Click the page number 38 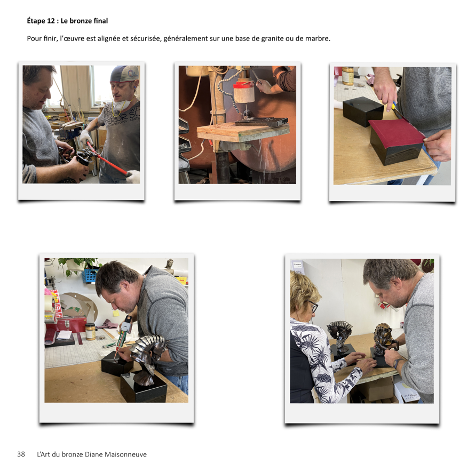(x=21, y=454)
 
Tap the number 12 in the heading (x=51, y=21)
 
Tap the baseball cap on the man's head (x=124, y=73)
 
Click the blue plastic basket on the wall (x=91, y=275)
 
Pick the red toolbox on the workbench (x=71, y=325)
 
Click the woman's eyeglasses (x=312, y=307)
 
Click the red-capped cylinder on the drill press (x=243, y=90)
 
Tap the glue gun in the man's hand (x=124, y=333)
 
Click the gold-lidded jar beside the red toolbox (x=90, y=332)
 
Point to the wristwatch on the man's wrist (x=398, y=363)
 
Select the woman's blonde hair (x=302, y=291)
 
